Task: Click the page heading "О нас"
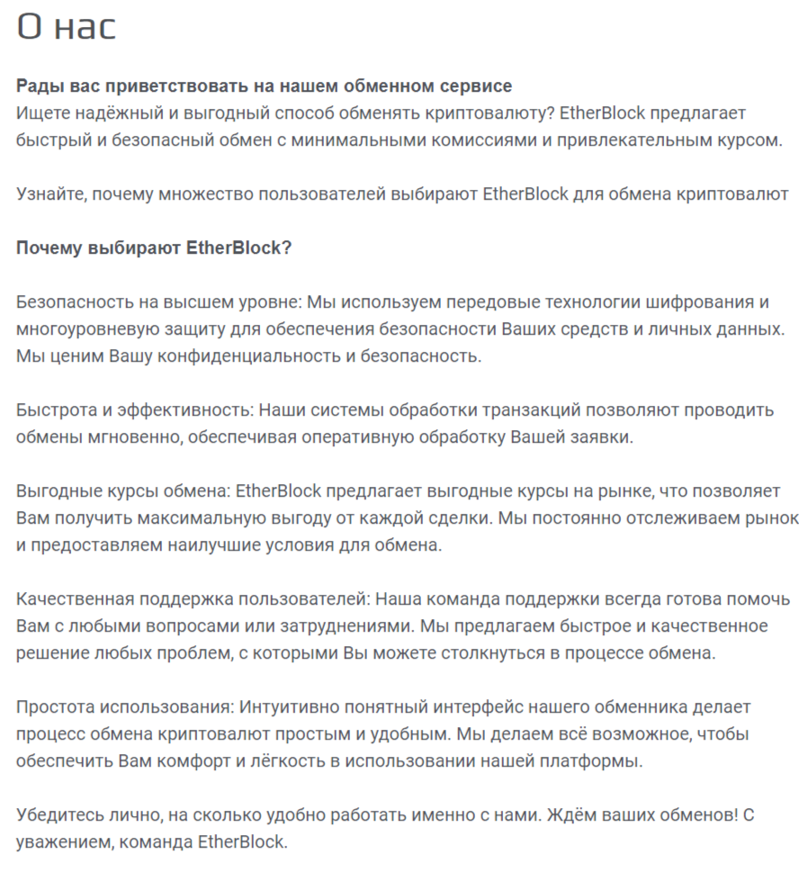coord(67,27)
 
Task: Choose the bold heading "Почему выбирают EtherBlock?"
coord(154,247)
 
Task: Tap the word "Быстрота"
coord(55,409)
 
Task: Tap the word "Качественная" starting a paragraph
coord(75,598)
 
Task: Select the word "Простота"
coord(54,706)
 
